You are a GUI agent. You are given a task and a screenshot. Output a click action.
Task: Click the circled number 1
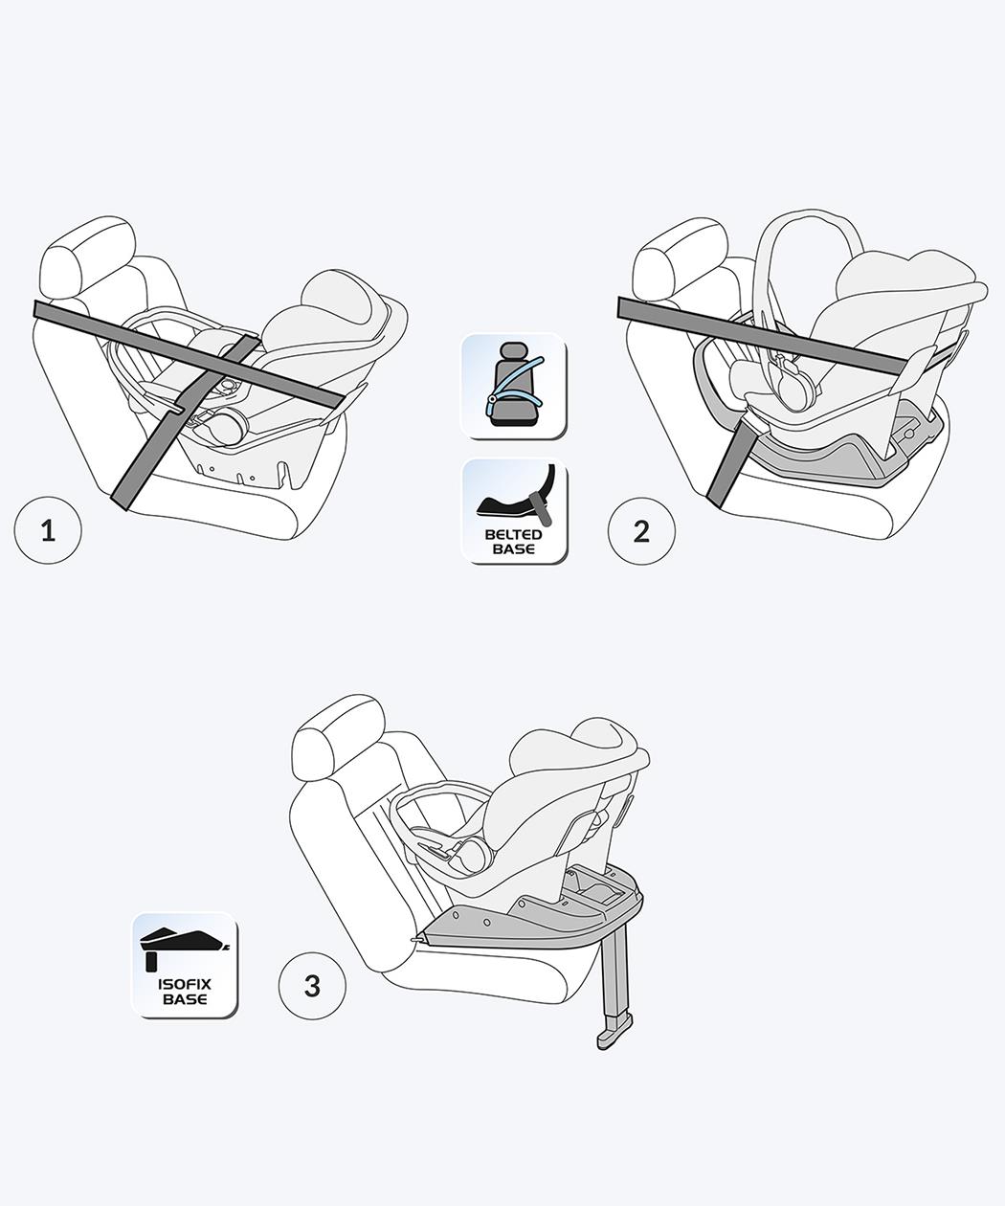[48, 530]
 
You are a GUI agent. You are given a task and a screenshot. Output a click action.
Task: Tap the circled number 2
[641, 531]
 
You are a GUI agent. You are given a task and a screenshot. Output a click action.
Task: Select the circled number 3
[312, 986]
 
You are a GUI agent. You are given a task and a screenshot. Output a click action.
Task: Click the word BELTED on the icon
[513, 534]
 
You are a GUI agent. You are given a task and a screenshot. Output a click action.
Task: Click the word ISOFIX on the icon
[185, 984]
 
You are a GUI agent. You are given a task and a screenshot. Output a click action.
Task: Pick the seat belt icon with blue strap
[513, 385]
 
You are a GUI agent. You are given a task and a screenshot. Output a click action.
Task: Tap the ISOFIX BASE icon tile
[185, 965]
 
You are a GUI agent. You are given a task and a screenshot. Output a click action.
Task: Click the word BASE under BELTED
[513, 549]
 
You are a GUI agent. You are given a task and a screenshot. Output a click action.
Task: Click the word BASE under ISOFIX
[185, 999]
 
